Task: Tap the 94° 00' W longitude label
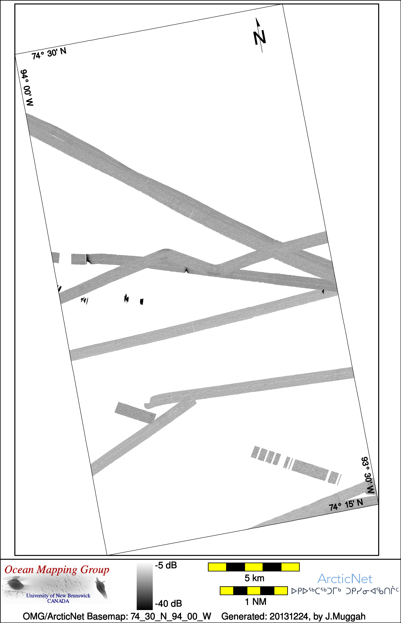(x=27, y=88)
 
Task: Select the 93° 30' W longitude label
(x=368, y=475)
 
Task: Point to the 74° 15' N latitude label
(x=346, y=505)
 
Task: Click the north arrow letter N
(x=260, y=37)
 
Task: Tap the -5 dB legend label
(x=166, y=565)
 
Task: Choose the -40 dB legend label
(x=168, y=603)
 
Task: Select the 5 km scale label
(x=254, y=578)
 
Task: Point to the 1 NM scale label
(x=256, y=602)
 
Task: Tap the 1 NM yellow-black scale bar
(x=254, y=591)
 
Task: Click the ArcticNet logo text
(x=345, y=579)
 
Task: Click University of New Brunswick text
(x=58, y=595)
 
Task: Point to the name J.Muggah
(x=345, y=616)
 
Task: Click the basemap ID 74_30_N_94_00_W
(x=171, y=616)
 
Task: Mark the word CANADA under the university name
(x=58, y=601)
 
